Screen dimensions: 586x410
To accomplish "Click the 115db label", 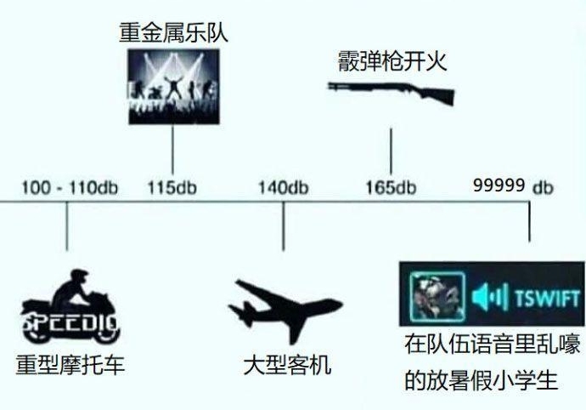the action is pos(172,188).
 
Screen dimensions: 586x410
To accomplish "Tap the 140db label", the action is pos(284,188).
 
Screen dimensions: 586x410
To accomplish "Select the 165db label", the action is pos(391,188).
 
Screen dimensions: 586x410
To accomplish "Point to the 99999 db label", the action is pos(513,186).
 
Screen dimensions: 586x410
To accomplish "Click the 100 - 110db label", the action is pos(70,188).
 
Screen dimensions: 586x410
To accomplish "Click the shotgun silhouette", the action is pos(391,92).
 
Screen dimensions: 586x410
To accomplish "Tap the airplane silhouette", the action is pos(285,311).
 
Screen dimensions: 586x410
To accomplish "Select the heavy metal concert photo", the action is pos(174,87).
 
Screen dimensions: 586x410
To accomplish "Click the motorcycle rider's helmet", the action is pos(78,276).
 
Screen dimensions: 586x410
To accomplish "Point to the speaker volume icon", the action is pos(489,298).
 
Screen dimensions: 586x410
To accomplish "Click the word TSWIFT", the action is pos(547,298).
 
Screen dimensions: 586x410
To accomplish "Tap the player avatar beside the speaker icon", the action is pos(437,296).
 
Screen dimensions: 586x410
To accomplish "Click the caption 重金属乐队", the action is pos(173,32).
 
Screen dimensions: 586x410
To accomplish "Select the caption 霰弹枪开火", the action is pos(392,61).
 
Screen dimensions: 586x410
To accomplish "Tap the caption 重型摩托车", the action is pos(70,365).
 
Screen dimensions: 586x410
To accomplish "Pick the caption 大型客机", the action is pos(287,365).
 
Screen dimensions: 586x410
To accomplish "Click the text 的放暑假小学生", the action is pos(482,380).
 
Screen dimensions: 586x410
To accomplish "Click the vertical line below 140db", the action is pos(284,226).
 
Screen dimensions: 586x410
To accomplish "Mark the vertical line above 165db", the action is pos(391,151).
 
